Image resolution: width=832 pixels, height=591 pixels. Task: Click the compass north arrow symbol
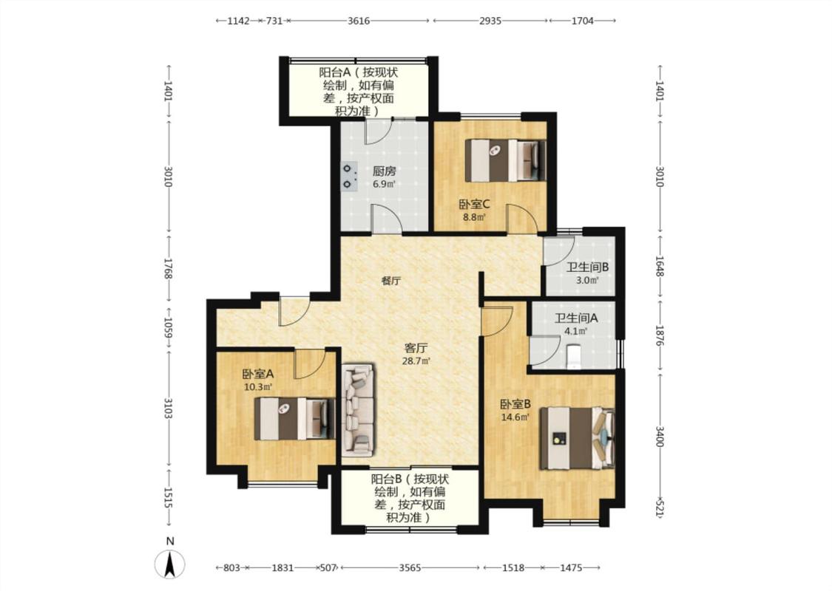[170, 564]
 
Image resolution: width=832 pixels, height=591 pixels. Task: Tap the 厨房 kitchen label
[384, 171]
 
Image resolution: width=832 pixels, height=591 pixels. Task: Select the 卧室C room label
[474, 204]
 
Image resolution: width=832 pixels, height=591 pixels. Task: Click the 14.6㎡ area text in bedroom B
[515, 417]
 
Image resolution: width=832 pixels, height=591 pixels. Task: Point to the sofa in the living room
[358, 409]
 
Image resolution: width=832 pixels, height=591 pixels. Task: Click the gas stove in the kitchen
[348, 176]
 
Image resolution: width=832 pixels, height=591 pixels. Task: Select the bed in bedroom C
[505, 160]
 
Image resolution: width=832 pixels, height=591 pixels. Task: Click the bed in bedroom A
[294, 419]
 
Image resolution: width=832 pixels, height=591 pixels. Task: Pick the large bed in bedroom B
[578, 438]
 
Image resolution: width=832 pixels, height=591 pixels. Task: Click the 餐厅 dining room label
[391, 281]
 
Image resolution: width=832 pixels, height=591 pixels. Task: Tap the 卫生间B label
[587, 267]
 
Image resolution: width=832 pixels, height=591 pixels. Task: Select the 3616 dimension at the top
[359, 21]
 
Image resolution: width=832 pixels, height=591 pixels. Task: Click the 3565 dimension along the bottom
[410, 567]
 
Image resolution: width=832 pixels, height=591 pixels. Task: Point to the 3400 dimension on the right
[660, 436]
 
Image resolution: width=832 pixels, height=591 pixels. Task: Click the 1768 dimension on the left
[168, 268]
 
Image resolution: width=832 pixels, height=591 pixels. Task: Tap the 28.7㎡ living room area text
[416, 361]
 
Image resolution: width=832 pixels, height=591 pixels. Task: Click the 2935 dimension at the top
[490, 21]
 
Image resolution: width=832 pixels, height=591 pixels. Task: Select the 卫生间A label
[576, 318]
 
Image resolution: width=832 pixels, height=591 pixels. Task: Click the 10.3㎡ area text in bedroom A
[258, 387]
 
